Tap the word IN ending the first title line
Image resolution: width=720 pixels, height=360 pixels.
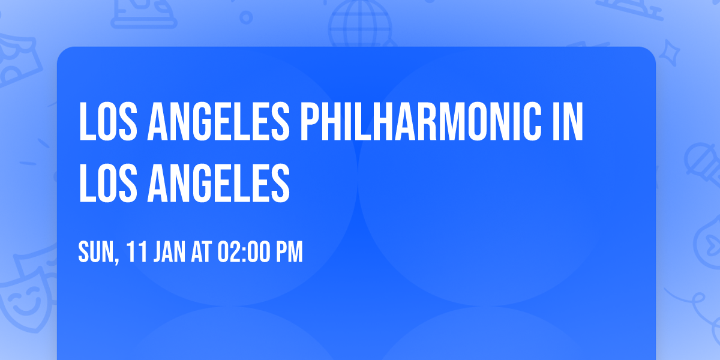coord(568,122)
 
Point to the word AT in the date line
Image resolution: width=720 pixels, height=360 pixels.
coord(200,253)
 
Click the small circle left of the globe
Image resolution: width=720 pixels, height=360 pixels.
coord(246,17)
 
